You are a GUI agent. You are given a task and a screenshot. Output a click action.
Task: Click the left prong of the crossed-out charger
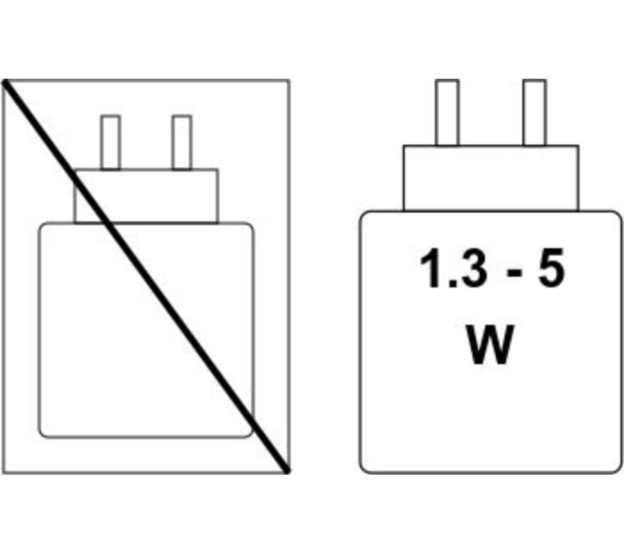[110, 143]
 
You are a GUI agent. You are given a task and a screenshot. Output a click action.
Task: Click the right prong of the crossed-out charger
[182, 143]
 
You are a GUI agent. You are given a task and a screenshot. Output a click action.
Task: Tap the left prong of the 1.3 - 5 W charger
[447, 113]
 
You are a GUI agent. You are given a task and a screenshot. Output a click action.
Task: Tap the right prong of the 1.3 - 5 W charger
[535, 113]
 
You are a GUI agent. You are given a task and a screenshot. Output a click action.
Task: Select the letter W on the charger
[489, 344]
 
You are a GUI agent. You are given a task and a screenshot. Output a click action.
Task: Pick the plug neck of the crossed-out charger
[146, 196]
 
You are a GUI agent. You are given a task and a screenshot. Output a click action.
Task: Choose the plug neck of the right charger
[490, 179]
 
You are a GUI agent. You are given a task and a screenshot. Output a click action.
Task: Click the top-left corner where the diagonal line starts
[5, 81]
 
